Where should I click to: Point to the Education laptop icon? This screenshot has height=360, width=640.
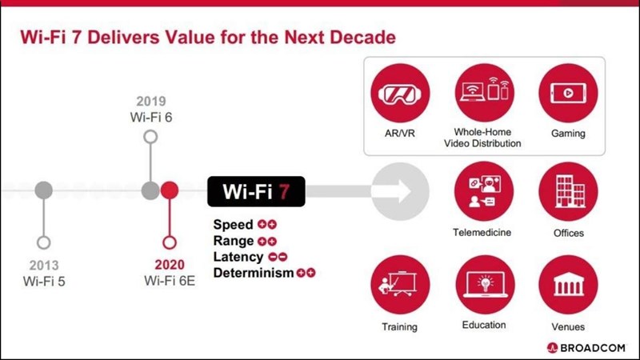484,286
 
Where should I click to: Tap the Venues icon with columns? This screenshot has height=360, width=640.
568,286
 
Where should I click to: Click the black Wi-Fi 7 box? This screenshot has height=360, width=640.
256,192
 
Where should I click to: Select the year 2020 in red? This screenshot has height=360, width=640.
170,265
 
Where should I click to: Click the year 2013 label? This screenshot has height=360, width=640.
44,265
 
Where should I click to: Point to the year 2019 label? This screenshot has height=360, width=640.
150,102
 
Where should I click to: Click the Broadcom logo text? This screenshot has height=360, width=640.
595,347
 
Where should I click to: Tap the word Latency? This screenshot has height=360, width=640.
238,257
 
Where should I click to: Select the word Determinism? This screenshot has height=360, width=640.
253,273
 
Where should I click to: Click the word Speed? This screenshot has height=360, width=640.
233,225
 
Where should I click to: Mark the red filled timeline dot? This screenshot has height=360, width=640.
170,191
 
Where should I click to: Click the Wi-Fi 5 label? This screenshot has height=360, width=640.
44,280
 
